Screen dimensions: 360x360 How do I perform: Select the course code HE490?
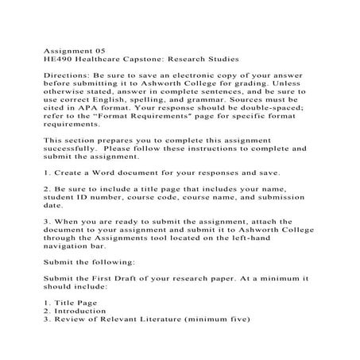point(54,60)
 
